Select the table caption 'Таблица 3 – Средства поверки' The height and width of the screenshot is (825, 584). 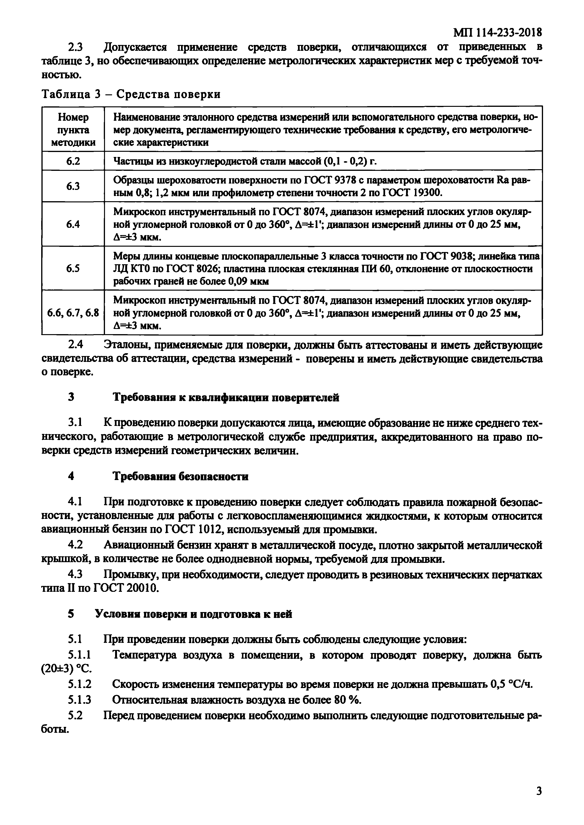pos(131,94)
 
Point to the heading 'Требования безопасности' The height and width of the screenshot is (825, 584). pos(181,477)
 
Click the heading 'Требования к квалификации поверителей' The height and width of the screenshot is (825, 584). pos(226,398)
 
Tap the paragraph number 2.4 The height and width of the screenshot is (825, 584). pos(76,344)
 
